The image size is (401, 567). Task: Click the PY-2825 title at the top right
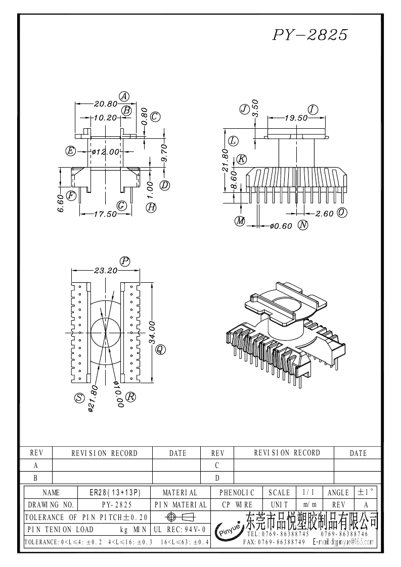[x=310, y=34]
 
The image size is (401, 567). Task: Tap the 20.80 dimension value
[x=105, y=104]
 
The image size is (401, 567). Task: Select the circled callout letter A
[x=124, y=96]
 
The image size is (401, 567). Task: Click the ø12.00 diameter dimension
[x=105, y=151]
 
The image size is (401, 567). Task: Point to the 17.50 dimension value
[x=105, y=214]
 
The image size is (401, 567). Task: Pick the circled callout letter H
[x=151, y=207]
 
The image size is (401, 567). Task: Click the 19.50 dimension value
[x=296, y=118]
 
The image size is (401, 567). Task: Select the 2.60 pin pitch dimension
[x=324, y=214]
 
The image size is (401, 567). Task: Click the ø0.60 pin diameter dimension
[x=281, y=226]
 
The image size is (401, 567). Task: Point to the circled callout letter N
[x=303, y=225]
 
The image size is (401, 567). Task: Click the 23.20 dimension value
[x=105, y=270]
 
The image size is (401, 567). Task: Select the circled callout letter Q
[x=160, y=349]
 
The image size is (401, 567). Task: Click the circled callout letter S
[x=79, y=398]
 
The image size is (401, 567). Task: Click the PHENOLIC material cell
[x=237, y=492]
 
